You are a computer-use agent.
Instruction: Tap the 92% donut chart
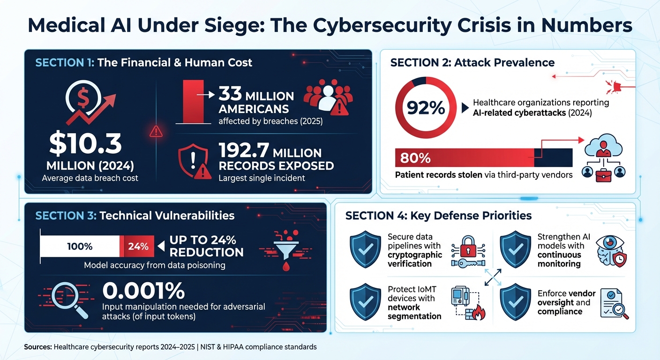click(425, 108)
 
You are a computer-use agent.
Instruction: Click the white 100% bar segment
click(80, 246)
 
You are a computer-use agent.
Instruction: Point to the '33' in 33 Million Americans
click(230, 96)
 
